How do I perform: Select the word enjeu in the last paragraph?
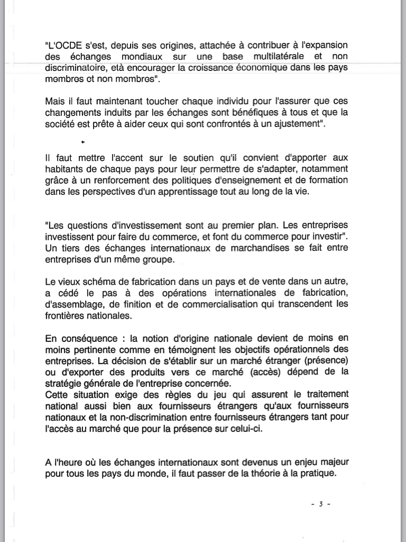(298, 462)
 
